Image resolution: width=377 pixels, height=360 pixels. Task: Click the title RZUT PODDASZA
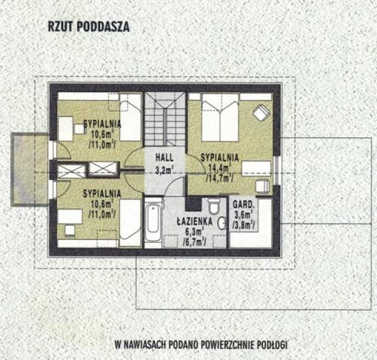pos(89,27)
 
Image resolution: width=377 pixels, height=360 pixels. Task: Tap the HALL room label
pos(165,157)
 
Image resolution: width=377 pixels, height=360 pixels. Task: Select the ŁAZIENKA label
pos(195,221)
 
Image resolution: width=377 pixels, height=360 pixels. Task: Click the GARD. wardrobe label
pos(244,205)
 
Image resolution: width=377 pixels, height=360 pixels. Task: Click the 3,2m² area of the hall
pos(165,170)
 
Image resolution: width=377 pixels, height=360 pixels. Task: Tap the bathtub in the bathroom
pos(153,221)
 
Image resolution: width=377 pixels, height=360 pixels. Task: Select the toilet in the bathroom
pos(213,206)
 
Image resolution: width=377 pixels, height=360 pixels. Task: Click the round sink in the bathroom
pos(222,223)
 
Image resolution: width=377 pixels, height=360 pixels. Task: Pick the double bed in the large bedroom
pos(220,118)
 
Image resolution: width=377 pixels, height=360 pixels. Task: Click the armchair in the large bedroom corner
pos(262,112)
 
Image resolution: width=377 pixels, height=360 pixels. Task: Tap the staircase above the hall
pos(165,119)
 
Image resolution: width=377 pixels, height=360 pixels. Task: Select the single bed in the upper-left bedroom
pos(130,118)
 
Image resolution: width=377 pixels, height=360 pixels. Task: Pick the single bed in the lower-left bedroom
pos(130,223)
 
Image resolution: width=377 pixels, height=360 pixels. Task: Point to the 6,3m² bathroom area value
pos(195,232)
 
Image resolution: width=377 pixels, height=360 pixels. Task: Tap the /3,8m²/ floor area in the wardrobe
pos(244,225)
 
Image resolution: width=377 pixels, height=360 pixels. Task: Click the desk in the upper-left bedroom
pos(65,129)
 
